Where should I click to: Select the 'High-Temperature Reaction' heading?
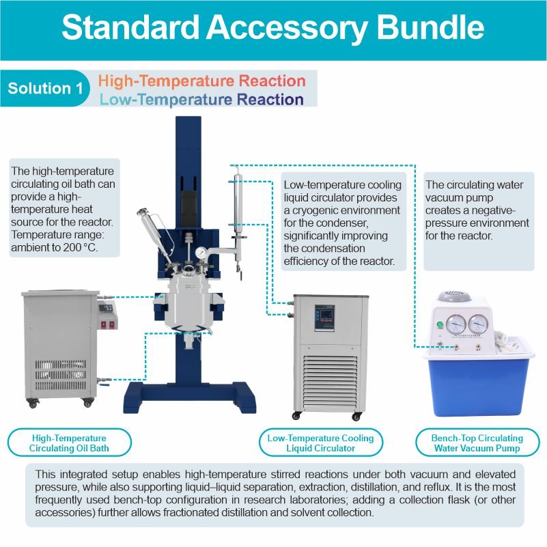(x=201, y=81)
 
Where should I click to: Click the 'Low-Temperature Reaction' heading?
(x=201, y=100)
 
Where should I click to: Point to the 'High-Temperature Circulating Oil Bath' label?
(x=68, y=443)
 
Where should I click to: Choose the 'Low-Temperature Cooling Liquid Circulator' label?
(x=320, y=443)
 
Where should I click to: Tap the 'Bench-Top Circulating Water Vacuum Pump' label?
(x=477, y=443)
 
